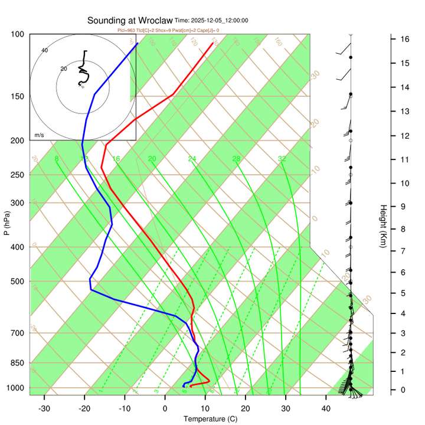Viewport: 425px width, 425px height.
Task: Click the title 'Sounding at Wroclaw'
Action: [x=130, y=20]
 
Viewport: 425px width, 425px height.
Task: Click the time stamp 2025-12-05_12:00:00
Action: [x=219, y=21]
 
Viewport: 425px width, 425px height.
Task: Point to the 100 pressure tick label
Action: [x=18, y=34]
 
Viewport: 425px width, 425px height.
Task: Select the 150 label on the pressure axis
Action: [x=18, y=96]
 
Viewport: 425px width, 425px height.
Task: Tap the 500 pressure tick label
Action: [x=18, y=281]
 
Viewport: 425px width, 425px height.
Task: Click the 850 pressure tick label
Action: [x=18, y=363]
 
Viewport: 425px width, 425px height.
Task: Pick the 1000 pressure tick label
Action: [x=16, y=388]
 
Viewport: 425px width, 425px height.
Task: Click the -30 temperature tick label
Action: [x=44, y=408]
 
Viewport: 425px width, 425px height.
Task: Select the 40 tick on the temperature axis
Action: [x=325, y=408]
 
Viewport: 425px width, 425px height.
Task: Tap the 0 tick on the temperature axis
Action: [x=165, y=408]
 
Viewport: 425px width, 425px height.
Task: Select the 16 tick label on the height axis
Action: [x=405, y=39]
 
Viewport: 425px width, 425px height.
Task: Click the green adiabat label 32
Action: [x=282, y=159]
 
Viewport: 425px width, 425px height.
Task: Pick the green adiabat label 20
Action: [x=152, y=159]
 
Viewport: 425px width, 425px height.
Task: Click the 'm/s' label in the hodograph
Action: [x=40, y=135]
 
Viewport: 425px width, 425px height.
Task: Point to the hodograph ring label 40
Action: [x=44, y=50]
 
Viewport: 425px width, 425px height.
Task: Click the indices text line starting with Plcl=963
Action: [x=168, y=30]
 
